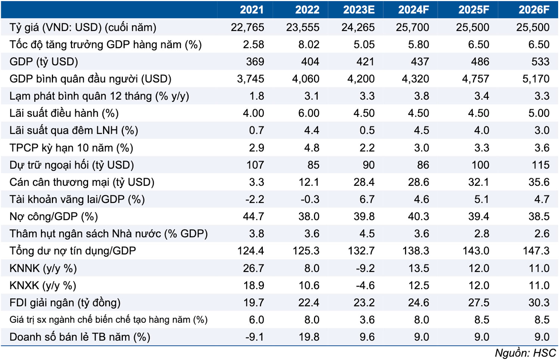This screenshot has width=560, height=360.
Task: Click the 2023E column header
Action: coord(358,10)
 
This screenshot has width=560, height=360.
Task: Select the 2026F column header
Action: coord(533,10)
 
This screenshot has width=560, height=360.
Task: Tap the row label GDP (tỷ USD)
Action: coord(44,62)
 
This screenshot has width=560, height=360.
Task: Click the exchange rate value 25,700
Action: coord(412,27)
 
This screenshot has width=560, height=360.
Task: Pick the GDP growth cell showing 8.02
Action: coord(308,44)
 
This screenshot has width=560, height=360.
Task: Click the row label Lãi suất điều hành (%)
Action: coord(64,113)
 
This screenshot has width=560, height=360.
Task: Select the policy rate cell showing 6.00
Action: coord(308,113)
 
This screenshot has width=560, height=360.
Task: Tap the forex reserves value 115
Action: coord(540,165)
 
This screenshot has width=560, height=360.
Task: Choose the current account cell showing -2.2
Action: coord(254,199)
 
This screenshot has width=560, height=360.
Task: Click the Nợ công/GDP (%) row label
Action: coord(53,216)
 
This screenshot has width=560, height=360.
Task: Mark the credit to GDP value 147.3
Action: coord(536,251)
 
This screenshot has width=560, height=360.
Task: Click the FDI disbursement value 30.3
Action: coord(538,303)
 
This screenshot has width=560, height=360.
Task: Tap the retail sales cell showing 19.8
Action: coord(308,337)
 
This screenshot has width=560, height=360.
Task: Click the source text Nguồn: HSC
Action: coord(525,353)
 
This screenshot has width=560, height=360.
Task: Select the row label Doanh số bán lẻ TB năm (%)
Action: coord(80,337)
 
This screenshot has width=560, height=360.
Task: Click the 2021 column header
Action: coord(251,10)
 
